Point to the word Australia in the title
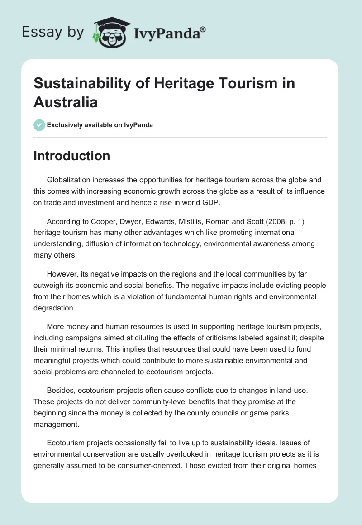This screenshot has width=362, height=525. pos(66,102)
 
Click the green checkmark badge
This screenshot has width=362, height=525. pos(39,125)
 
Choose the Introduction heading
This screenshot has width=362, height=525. pos(72,156)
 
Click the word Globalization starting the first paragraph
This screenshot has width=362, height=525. pos(69,180)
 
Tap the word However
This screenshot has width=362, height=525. pos(62,275)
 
